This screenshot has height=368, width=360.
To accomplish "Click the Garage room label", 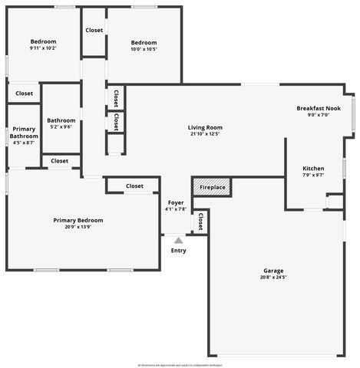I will pyautogui.click(x=274, y=271).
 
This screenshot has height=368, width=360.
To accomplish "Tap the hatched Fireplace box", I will pyautogui.click(x=212, y=187).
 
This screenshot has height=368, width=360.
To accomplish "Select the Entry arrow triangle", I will pyautogui.click(x=178, y=241).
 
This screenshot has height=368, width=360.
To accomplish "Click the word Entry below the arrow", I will pyautogui.click(x=178, y=251).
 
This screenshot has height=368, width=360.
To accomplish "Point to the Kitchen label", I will pyautogui.click(x=313, y=169).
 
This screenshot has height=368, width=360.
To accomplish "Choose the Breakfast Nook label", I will pyautogui.click(x=319, y=109).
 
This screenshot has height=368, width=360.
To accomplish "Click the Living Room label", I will pyautogui.click(x=205, y=127).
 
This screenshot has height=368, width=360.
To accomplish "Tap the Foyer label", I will pyautogui.click(x=176, y=202).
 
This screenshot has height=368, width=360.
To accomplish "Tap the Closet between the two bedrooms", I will pyautogui.click(x=94, y=31).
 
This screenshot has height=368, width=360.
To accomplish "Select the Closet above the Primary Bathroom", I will pyautogui.click(x=24, y=94).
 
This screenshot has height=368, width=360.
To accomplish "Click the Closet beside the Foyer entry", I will pyautogui.click(x=200, y=222).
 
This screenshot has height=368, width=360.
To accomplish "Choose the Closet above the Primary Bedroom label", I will pyautogui.click(x=134, y=186).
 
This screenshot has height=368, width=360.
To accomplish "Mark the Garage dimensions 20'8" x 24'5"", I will pyautogui.click(x=274, y=278).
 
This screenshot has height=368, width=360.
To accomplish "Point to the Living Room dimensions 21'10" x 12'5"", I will pyautogui.click(x=205, y=134).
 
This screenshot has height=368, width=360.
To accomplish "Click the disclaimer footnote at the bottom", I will pyautogui.click(x=180, y=365).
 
